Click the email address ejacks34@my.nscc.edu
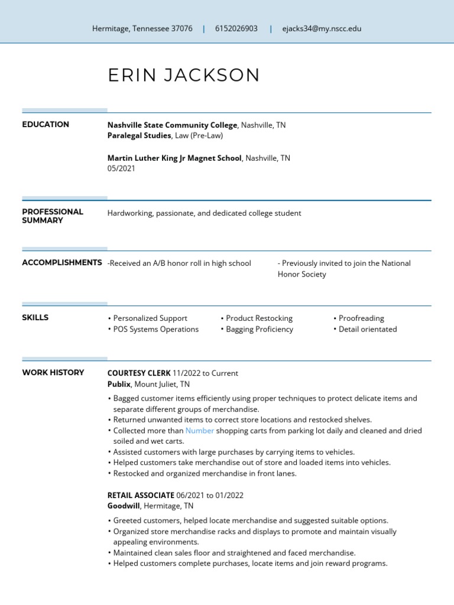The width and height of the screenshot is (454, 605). coord(322,28)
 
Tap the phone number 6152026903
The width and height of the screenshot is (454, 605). coord(236,28)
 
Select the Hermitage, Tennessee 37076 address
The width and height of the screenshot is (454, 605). coord(142,28)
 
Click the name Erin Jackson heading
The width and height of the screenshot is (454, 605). coord(183,75)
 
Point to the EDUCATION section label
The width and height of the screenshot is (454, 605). coord(46,125)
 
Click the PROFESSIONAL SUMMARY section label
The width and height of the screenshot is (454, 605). coord(53,216)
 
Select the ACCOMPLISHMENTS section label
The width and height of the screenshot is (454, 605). coord(61,262)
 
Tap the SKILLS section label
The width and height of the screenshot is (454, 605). coord(35,318)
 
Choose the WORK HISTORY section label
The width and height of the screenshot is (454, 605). coord(53,373)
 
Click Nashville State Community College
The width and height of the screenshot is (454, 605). coord(172,125)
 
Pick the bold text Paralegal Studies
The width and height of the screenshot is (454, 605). coord(139,136)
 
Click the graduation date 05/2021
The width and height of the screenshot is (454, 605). coord(121,168)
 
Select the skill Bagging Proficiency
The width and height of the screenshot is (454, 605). coord(259,330)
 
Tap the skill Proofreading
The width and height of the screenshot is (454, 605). coord(361,318)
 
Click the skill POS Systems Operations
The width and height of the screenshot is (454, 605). coord(155,330)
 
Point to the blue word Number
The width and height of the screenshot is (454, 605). coord(200,431)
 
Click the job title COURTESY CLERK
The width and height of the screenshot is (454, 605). coord(138,373)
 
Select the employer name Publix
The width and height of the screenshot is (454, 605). coord(119,384)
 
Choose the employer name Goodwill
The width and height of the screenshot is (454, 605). coord(124,506)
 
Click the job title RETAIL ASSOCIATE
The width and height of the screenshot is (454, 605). coord(141,495)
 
